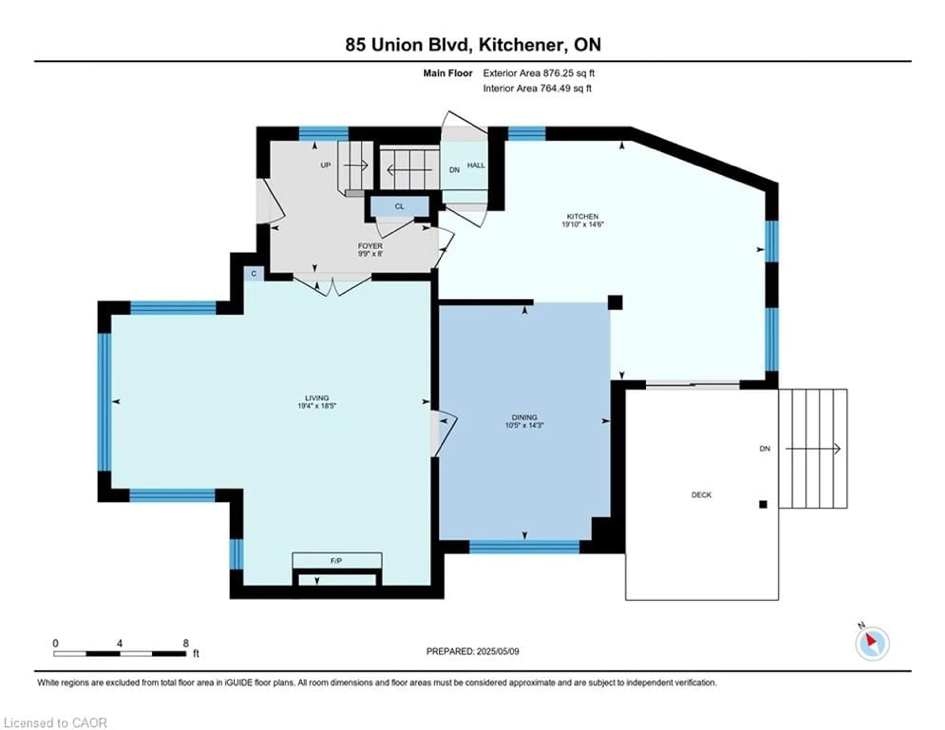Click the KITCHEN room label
click(x=583, y=216)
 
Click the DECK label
click(x=701, y=495)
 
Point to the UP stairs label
click(x=325, y=165)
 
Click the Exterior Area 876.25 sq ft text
click(x=539, y=73)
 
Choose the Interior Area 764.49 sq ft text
click(x=537, y=88)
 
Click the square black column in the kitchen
click(x=615, y=302)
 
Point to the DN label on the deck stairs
click(x=765, y=448)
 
